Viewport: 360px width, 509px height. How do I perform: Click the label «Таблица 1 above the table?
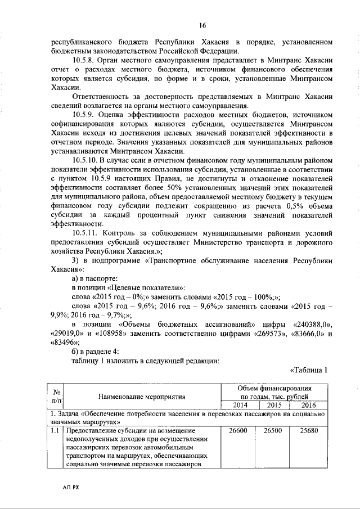(x=308, y=370)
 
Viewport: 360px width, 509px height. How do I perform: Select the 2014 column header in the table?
(x=240, y=405)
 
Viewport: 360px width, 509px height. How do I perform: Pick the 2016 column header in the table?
(x=308, y=405)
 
